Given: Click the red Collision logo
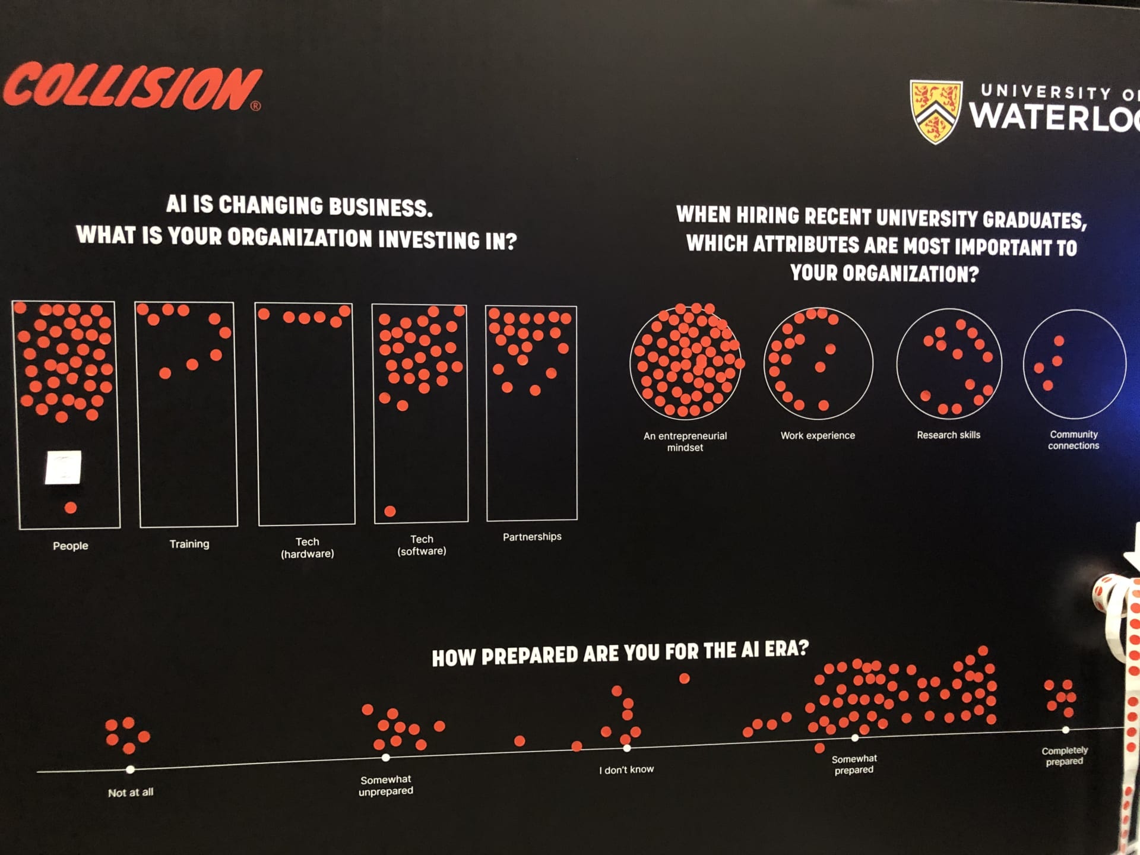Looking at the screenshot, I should pyautogui.click(x=132, y=87).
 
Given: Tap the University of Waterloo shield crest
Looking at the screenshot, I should pyautogui.click(x=936, y=111).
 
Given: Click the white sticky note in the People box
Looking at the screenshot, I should pyautogui.click(x=64, y=467).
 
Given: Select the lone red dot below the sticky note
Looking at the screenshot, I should pyautogui.click(x=71, y=508).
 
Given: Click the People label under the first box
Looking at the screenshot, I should pyautogui.click(x=70, y=546).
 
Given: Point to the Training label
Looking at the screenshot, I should pyautogui.click(x=189, y=544).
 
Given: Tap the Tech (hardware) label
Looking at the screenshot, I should pyautogui.click(x=307, y=547).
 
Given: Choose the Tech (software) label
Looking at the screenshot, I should pyautogui.click(x=422, y=545).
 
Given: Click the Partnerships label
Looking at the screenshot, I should pyautogui.click(x=532, y=537).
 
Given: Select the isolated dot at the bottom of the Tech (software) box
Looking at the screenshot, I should pyautogui.click(x=390, y=511).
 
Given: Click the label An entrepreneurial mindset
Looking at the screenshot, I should pyautogui.click(x=685, y=441).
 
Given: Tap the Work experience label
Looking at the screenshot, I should pyautogui.click(x=818, y=435).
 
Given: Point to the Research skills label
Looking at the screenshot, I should pyautogui.click(x=948, y=435).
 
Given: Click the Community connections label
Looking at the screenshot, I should pyautogui.click(x=1073, y=440).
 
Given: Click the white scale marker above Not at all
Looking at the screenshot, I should pyautogui.click(x=130, y=769).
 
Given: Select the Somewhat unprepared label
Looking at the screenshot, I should pyautogui.click(x=386, y=785).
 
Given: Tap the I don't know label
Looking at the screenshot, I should pyautogui.click(x=626, y=769).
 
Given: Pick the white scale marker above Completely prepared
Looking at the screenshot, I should pyautogui.click(x=1066, y=730).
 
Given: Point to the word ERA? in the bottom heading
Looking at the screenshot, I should pyautogui.click(x=786, y=648).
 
